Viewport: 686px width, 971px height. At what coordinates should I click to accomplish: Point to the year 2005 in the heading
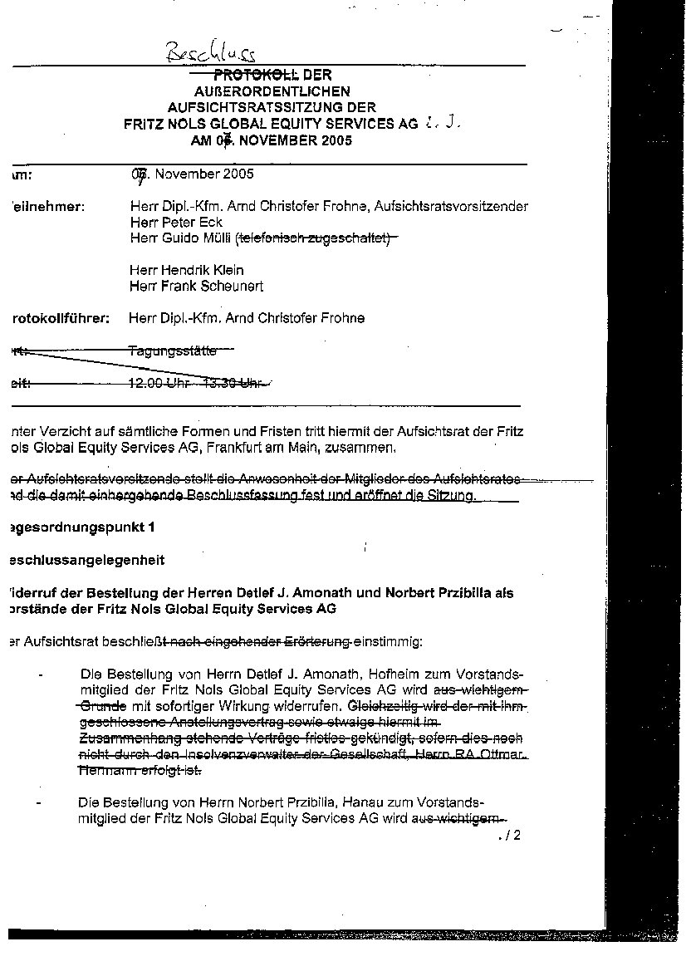[335, 140]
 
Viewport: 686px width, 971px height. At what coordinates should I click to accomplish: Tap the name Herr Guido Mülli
[182, 238]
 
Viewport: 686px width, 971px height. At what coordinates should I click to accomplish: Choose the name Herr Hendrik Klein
[187, 270]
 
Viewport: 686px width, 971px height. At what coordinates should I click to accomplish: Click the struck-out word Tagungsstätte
[173, 351]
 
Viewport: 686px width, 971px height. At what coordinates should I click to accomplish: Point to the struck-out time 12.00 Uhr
[159, 383]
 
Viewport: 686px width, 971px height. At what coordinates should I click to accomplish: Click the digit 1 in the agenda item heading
[151, 527]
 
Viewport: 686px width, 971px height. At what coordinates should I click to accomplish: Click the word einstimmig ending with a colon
[389, 641]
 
